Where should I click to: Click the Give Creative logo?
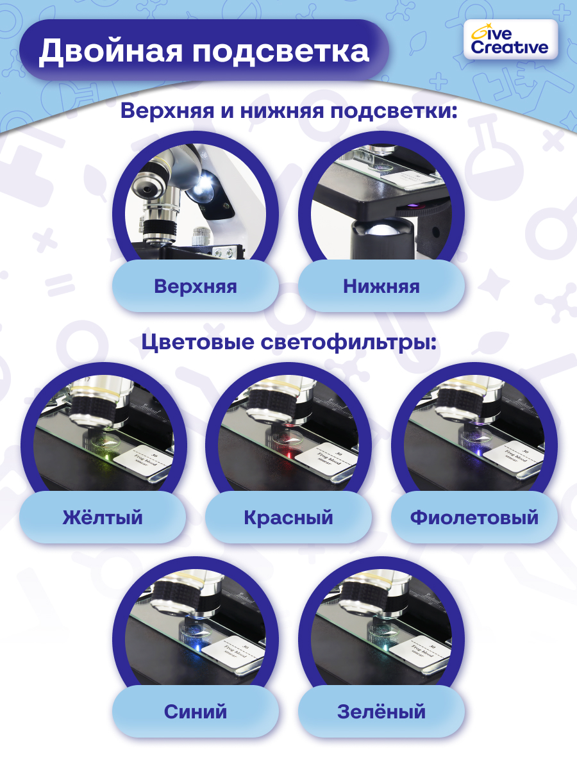(x=510, y=40)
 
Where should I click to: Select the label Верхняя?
(x=196, y=286)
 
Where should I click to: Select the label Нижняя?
(x=381, y=286)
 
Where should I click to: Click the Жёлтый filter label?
(x=103, y=517)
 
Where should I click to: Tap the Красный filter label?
(x=288, y=517)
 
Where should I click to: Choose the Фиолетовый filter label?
(x=474, y=517)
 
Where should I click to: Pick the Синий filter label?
(x=196, y=711)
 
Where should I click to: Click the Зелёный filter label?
(x=381, y=711)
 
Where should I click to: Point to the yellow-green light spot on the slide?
(x=103, y=456)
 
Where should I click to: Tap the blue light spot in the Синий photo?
(x=196, y=648)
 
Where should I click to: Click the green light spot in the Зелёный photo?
(x=381, y=648)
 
